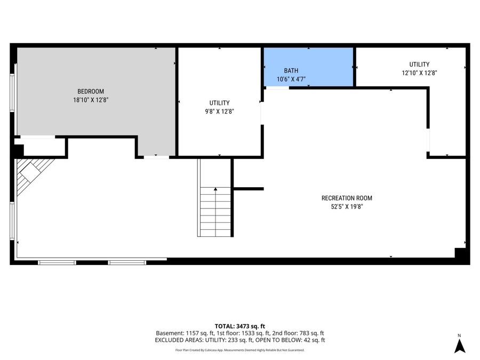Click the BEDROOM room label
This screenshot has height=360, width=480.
91,91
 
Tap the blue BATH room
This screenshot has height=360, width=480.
309,67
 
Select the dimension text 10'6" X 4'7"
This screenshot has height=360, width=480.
291,79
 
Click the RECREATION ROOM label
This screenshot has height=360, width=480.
347,198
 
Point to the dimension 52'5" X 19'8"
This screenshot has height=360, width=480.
347,206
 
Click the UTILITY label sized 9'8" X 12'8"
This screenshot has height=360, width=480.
220,103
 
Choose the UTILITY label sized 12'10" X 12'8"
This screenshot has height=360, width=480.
419,65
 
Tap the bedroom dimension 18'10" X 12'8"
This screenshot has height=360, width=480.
91,100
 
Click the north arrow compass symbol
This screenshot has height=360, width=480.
460,344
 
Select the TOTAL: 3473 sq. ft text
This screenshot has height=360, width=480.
239,326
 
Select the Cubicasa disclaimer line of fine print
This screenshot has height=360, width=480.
239,350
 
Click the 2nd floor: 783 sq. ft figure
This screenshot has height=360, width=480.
298,333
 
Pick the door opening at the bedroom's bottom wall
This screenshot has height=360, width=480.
156,157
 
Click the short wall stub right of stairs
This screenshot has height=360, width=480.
249,189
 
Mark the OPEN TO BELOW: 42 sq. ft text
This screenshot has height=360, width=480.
290,340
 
